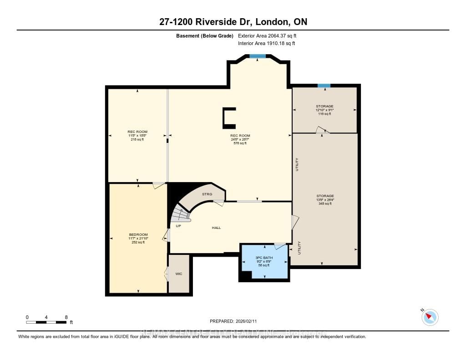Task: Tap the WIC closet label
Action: click(x=178, y=274)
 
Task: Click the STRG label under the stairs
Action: click(x=208, y=194)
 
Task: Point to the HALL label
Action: click(x=216, y=228)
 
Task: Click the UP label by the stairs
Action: click(x=178, y=225)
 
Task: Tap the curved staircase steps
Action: click(x=181, y=214)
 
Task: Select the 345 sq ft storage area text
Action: click(x=325, y=203)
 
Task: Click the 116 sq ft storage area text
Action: click(x=325, y=114)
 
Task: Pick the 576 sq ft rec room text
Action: click(x=240, y=143)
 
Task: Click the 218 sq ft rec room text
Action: click(x=137, y=139)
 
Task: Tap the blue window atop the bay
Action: click(x=258, y=56)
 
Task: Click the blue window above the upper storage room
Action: click(x=324, y=86)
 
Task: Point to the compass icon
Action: click(x=430, y=317)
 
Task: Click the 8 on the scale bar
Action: click(x=66, y=317)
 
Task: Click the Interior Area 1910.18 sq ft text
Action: click(x=267, y=44)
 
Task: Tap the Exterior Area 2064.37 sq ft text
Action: click(x=268, y=35)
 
